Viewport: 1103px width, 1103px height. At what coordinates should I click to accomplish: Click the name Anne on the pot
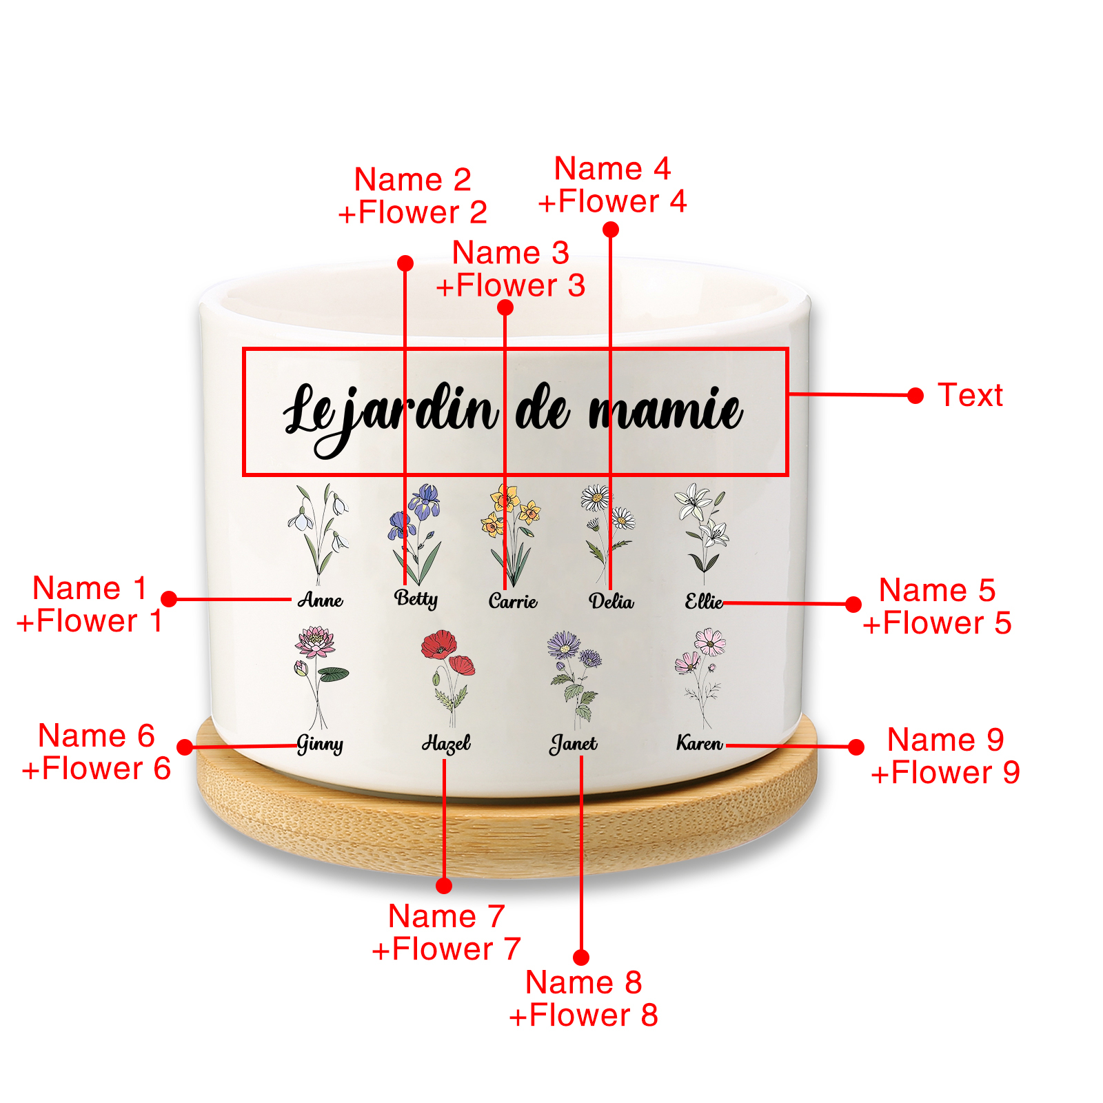coord(321,600)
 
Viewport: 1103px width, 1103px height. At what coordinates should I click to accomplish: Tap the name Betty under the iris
coord(416,598)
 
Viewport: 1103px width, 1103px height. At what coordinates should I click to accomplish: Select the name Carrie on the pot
coord(513,601)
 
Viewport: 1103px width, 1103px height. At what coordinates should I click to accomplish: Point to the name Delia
coord(611,602)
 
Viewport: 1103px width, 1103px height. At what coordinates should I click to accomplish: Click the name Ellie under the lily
coord(704,602)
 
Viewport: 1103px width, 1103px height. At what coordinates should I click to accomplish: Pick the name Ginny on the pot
coord(320,745)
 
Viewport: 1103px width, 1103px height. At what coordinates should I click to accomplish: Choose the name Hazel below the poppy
coord(446,743)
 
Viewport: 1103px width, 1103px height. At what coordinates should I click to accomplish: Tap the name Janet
coord(574,744)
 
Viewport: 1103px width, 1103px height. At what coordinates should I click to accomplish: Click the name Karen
coord(700,743)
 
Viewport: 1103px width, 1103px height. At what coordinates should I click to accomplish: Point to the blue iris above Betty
coord(424,500)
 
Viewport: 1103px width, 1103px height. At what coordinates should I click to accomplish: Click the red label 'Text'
coord(970,396)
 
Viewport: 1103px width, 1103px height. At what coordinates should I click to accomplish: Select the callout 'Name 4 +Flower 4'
coord(612,185)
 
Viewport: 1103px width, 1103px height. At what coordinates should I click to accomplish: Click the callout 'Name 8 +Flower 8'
coord(583,998)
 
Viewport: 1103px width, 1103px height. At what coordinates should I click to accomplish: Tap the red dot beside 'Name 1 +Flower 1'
coord(169,598)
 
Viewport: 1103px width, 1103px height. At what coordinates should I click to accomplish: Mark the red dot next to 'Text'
coord(915,396)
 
